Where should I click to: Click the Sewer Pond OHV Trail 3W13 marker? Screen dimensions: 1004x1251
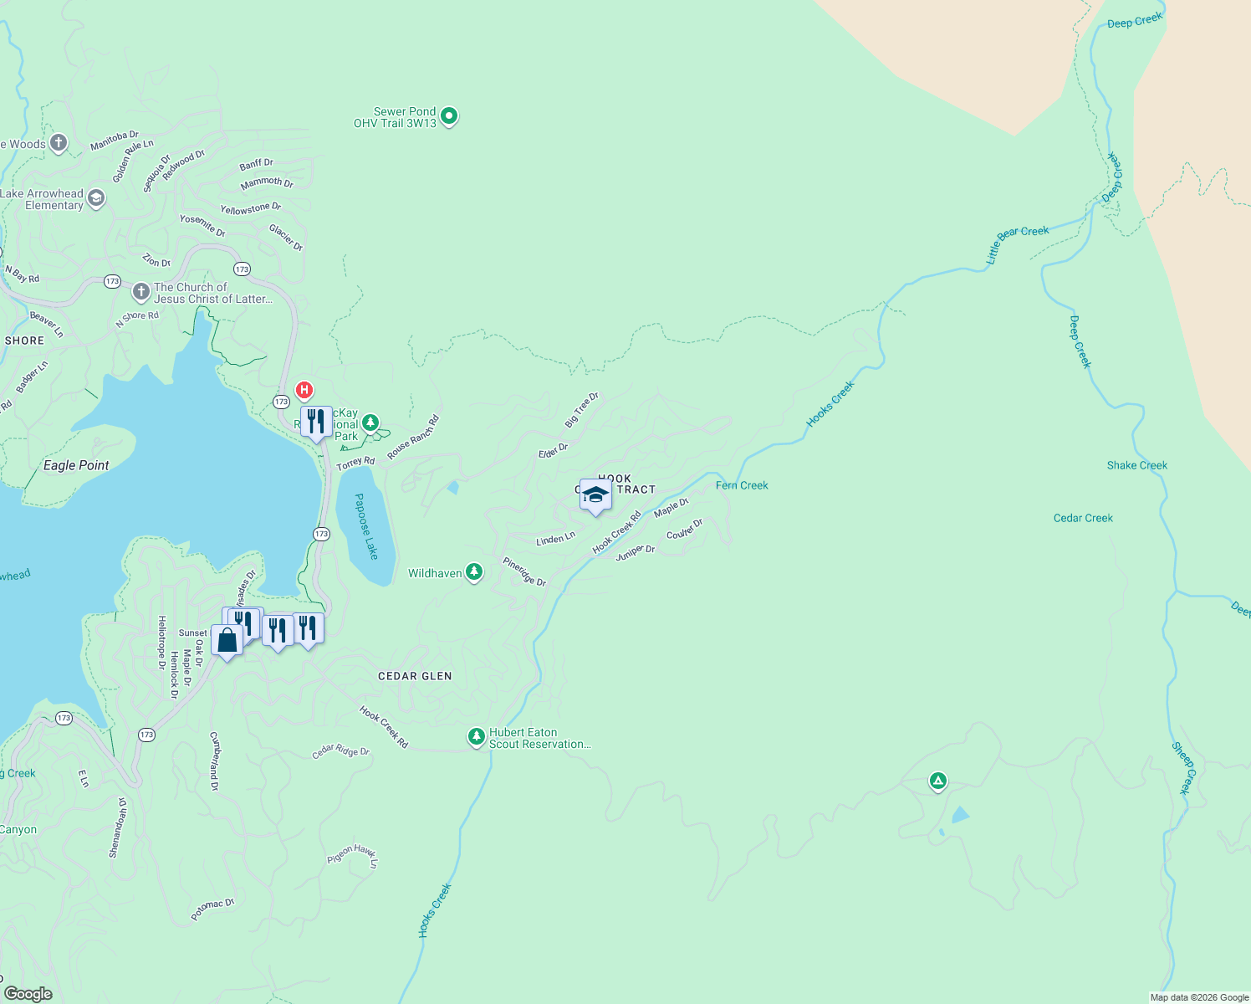[449, 116]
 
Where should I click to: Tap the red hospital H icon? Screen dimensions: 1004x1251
[304, 390]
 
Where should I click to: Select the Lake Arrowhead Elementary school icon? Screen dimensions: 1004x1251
[96, 198]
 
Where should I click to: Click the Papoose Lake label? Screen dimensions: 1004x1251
[366, 526]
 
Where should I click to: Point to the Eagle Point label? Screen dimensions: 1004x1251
[76, 465]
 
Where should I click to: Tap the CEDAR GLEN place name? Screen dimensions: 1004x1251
[415, 676]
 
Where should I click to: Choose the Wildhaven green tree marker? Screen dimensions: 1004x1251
[474, 572]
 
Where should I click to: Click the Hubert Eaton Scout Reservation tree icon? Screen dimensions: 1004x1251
[477, 737]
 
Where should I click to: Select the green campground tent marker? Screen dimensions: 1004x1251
[937, 781]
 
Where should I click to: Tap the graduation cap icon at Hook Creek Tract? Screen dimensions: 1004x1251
[595, 496]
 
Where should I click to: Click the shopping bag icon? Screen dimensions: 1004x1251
[227, 640]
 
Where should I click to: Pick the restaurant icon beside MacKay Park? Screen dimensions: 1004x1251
[315, 421]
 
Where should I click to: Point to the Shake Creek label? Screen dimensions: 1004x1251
[1136, 465]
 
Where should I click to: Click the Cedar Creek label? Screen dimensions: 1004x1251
[1083, 518]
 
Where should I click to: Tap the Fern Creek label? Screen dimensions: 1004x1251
[742, 485]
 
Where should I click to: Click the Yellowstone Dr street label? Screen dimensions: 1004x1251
[251, 208]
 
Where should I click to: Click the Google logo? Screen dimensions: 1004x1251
[28, 993]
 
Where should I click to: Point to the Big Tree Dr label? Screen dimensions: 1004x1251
[582, 410]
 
